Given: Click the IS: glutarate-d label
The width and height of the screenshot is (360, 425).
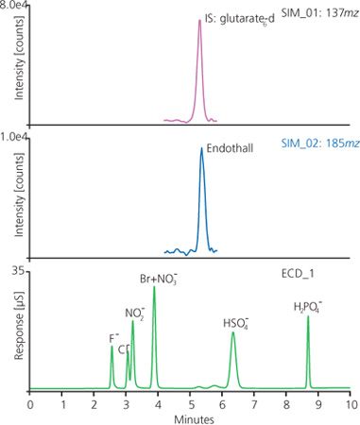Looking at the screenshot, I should pos(240,15).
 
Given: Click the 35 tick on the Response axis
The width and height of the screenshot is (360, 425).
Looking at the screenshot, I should pos(19,271).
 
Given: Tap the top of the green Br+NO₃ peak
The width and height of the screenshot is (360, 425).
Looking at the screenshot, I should pos(154,287).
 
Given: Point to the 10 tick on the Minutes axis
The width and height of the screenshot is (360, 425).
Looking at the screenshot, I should pos(350,402).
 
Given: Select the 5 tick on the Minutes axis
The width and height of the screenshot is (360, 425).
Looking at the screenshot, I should pos(190,402).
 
